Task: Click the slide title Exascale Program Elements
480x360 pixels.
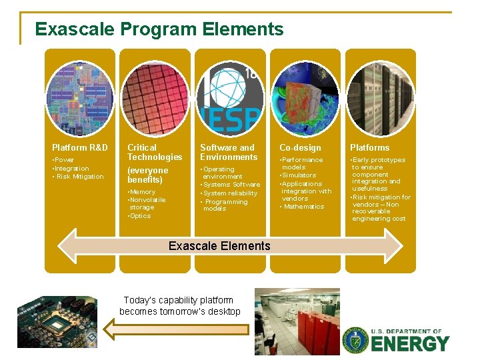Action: pos(159,29)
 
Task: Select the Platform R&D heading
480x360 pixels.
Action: pos(79,147)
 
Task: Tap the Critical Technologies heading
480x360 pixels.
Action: pos(155,152)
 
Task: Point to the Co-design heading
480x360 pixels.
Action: pos(300,147)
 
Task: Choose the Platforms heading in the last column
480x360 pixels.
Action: pos(370,147)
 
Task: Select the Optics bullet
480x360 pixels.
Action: pos(140,216)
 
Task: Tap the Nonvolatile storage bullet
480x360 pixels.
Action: pos(147,203)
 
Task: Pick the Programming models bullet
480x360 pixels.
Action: pos(225,205)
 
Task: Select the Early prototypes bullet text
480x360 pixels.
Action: pos(378,160)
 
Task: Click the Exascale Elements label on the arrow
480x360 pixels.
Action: pos(219,246)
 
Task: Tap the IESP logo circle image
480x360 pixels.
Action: pos(230,97)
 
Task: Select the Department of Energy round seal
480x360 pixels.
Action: pos(355,340)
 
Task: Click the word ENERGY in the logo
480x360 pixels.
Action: pos(410,344)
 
